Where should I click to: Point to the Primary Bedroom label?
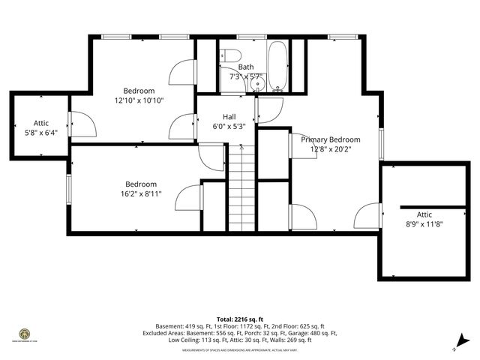click(x=330, y=139)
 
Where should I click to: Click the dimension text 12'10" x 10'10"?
click(x=139, y=100)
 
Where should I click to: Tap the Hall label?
click(x=229, y=117)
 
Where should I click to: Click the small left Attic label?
click(x=40, y=123)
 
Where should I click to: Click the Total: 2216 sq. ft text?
click(x=240, y=318)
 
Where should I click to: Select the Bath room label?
click(x=246, y=67)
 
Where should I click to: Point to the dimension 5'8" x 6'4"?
click(x=40, y=132)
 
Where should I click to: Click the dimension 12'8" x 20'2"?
click(x=330, y=148)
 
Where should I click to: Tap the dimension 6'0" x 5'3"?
click(x=229, y=126)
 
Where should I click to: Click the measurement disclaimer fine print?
click(x=240, y=348)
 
